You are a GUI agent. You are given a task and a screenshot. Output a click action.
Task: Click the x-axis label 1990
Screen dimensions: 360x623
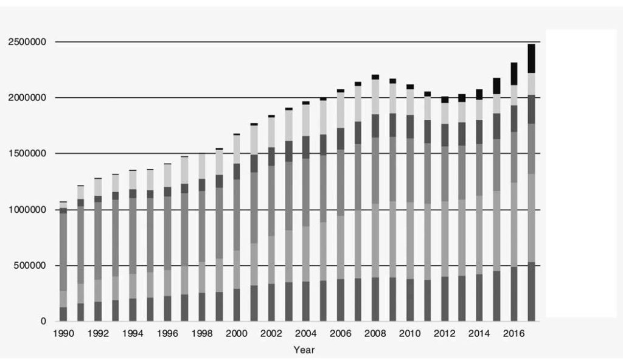tap(63, 333)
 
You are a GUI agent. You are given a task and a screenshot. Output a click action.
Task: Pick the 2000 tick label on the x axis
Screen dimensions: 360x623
tap(235, 333)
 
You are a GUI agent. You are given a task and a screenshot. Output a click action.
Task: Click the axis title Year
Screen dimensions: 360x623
tap(304, 350)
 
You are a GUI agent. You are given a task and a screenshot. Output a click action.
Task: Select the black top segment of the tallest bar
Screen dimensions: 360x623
tap(532, 58)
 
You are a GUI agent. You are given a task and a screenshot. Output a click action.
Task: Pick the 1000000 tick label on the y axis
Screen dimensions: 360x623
tap(28, 210)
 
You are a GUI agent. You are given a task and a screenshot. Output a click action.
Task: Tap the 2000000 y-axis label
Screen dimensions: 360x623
tap(28, 98)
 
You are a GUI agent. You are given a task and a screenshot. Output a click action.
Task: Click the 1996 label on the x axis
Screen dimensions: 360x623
tap(167, 333)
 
